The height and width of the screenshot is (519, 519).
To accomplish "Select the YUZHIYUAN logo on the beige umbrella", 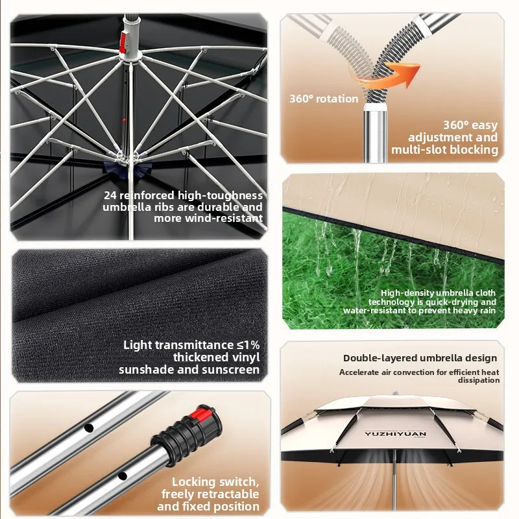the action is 395,433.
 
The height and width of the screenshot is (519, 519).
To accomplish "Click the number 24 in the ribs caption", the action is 110,195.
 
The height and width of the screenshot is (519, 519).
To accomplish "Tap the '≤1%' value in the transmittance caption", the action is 248,345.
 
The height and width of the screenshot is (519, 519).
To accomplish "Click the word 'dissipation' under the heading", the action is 479,380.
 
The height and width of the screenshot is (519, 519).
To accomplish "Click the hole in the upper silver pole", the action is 88,428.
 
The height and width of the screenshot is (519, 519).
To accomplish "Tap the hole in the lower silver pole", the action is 123,476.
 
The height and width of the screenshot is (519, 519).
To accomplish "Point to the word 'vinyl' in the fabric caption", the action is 246,358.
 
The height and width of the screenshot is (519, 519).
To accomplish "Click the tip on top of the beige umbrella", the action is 395,394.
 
